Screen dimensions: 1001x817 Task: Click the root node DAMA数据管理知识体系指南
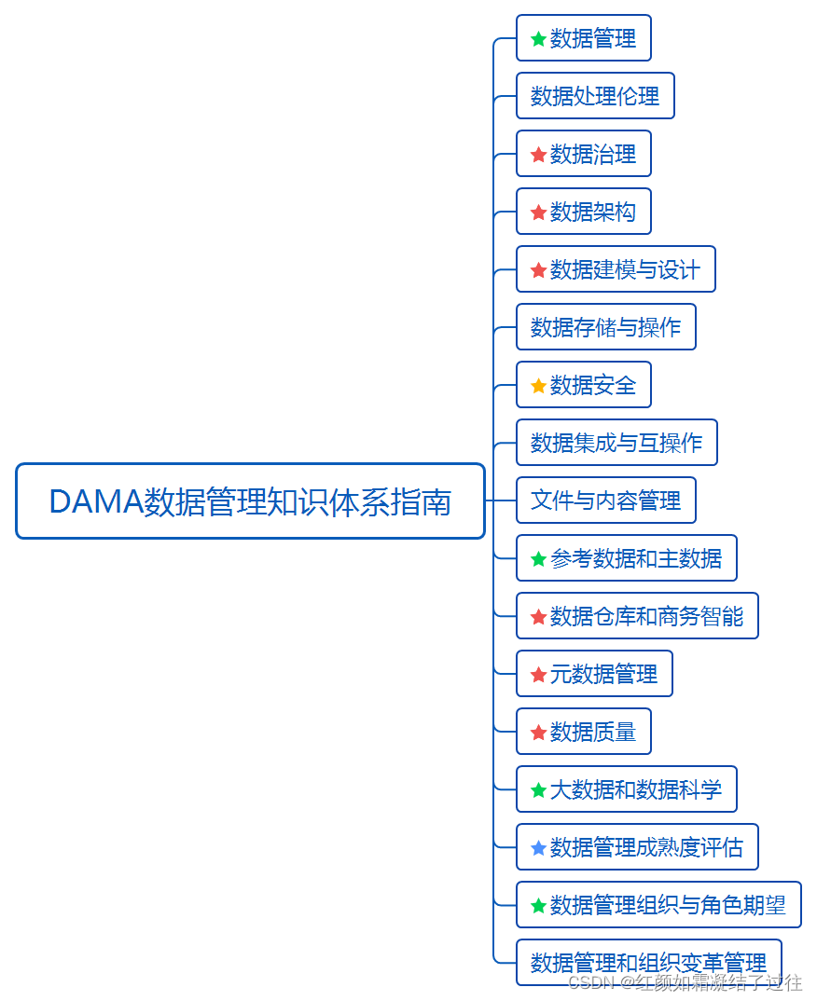click(x=250, y=501)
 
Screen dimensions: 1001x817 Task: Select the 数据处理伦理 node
click(x=595, y=96)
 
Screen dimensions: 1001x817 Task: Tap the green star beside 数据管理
click(x=538, y=39)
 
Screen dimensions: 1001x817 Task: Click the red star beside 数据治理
click(x=538, y=155)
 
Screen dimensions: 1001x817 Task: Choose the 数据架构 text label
click(x=593, y=213)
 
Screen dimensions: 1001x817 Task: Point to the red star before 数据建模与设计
click(x=538, y=270)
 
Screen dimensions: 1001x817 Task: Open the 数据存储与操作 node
click(x=605, y=328)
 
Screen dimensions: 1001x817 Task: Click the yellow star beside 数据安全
click(x=538, y=386)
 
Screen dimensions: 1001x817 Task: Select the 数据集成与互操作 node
click(x=616, y=443)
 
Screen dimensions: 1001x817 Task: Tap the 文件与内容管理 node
click(x=605, y=500)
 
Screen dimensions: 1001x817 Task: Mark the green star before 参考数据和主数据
click(x=538, y=559)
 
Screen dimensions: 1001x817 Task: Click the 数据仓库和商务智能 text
click(x=646, y=617)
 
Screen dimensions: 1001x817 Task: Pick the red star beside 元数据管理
click(x=538, y=675)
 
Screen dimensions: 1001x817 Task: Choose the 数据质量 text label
click(x=593, y=733)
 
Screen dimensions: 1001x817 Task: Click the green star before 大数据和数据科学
click(x=538, y=790)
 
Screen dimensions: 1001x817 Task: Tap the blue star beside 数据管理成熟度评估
click(x=538, y=848)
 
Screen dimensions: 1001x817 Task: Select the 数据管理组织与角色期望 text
click(x=668, y=905)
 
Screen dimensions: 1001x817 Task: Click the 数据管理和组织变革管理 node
click(x=648, y=963)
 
